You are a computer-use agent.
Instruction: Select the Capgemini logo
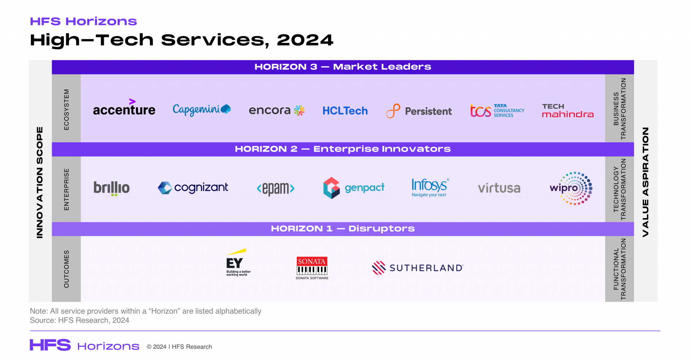pyautogui.click(x=201, y=110)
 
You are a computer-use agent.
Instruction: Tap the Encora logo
pyautogui.click(x=276, y=110)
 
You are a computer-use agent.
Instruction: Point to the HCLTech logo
pyautogui.click(x=345, y=111)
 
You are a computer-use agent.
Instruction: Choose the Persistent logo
pyautogui.click(x=419, y=111)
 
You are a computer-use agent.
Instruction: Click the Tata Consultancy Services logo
pyautogui.click(x=497, y=111)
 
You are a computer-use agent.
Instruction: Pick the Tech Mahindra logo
pyautogui.click(x=567, y=111)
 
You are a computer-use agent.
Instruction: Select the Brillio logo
pyautogui.click(x=111, y=188)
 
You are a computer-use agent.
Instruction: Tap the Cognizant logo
pyautogui.click(x=193, y=188)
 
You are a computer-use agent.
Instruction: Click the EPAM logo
pyautogui.click(x=276, y=188)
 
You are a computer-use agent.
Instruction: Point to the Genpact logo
pyautogui.click(x=354, y=188)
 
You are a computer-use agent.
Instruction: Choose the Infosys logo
pyautogui.click(x=430, y=187)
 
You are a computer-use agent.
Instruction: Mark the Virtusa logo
pyautogui.click(x=499, y=188)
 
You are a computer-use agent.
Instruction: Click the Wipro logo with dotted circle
pyautogui.click(x=571, y=188)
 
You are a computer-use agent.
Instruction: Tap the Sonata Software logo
pyautogui.click(x=312, y=268)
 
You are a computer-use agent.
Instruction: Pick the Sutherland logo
pyautogui.click(x=418, y=268)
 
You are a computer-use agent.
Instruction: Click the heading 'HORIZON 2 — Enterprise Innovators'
pyautogui.click(x=342, y=149)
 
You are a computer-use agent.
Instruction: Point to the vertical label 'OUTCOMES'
pyautogui.click(x=66, y=269)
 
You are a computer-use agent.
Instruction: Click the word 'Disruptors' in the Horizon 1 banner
pyautogui.click(x=381, y=229)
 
